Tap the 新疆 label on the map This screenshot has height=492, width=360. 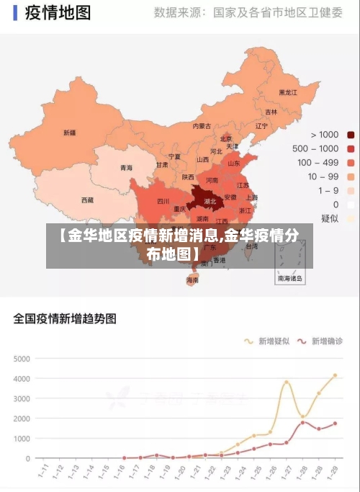(x=69, y=133)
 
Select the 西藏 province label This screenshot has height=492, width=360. (x=86, y=200)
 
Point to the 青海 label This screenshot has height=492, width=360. (x=126, y=168)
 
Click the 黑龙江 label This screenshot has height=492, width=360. (x=288, y=93)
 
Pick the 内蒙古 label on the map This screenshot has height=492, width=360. (x=202, y=126)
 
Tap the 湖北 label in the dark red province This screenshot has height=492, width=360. (x=210, y=202)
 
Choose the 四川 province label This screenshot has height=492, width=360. (x=163, y=202)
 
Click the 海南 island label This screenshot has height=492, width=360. (x=192, y=279)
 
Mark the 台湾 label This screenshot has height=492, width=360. (x=251, y=246)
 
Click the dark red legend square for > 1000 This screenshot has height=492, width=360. (x=351, y=135)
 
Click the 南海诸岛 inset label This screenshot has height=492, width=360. (x=290, y=277)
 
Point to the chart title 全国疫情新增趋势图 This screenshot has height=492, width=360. (x=65, y=318)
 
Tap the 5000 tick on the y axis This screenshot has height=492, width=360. (x=22, y=358)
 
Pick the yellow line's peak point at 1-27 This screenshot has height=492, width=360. (x=287, y=382)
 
